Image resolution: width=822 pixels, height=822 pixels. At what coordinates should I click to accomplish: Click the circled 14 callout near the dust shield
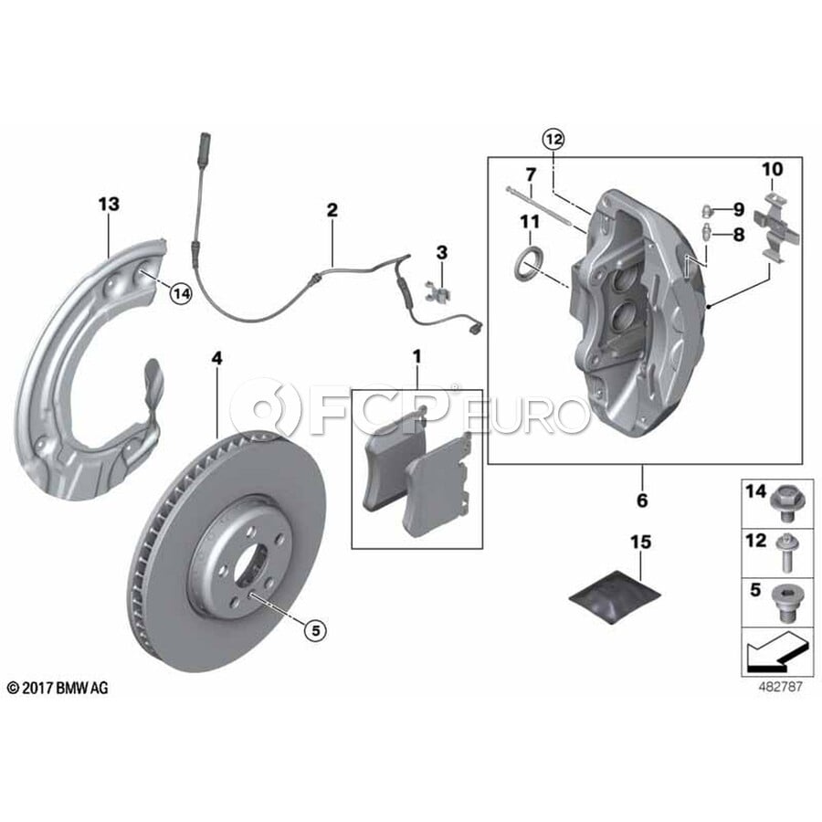pyautogui.click(x=181, y=294)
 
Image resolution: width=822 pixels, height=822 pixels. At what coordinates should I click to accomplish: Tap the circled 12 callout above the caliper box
pyautogui.click(x=554, y=140)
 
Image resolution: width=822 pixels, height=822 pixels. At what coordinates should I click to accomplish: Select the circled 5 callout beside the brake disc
pyautogui.click(x=315, y=629)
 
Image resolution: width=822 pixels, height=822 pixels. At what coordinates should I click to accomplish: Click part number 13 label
pyautogui.click(x=109, y=204)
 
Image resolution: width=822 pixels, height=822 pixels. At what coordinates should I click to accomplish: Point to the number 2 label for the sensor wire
pyautogui.click(x=332, y=210)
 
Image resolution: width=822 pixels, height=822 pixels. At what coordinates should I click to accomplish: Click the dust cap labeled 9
pyautogui.click(x=708, y=211)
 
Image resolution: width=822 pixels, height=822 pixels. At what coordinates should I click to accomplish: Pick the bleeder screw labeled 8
pyautogui.click(x=707, y=232)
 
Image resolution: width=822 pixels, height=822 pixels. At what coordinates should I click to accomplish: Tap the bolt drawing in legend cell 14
pyautogui.click(x=784, y=503)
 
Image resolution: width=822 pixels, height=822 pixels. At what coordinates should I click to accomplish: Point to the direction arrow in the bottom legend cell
pyautogui.click(x=775, y=652)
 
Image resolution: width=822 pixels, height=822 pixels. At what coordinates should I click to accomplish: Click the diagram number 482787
pyautogui.click(x=780, y=686)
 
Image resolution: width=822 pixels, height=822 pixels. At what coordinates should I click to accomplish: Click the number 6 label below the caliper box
pyautogui.click(x=642, y=501)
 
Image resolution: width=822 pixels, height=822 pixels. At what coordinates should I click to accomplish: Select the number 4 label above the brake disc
pyautogui.click(x=216, y=359)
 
